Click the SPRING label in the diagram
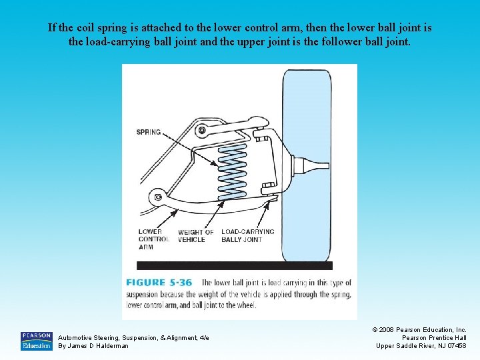[x=149, y=132]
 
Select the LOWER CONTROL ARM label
[x=154, y=239]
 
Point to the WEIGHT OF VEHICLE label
[x=196, y=236]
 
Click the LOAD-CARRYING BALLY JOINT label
[x=247, y=236]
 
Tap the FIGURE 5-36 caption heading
[x=159, y=283]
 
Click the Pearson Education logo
[x=36, y=341]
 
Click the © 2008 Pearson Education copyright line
[x=419, y=330]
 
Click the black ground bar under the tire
[x=234, y=265]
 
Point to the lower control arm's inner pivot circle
[x=158, y=197]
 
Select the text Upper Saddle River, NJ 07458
[x=421, y=345]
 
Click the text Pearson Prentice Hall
[x=433, y=338]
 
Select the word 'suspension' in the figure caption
[x=147, y=294]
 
